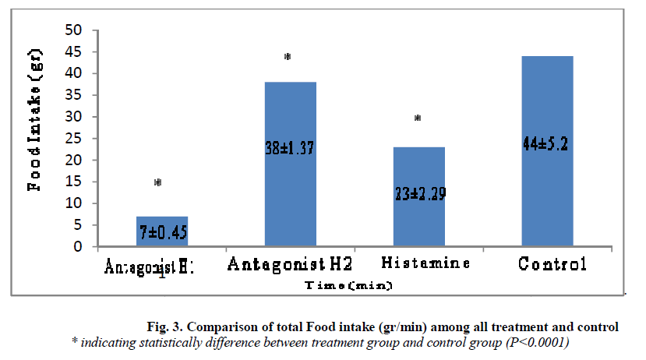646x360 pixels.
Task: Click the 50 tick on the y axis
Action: pyautogui.click(x=74, y=30)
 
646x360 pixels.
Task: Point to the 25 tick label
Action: pyautogui.click(x=74, y=161)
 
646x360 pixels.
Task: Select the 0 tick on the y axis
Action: pyautogui.click(x=78, y=247)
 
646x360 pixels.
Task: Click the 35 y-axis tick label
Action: pyautogui.click(x=74, y=117)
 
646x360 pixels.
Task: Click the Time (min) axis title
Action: pyautogui.click(x=348, y=286)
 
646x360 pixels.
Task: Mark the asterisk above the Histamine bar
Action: pyautogui.click(x=418, y=118)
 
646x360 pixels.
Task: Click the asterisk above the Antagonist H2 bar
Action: pyautogui.click(x=288, y=58)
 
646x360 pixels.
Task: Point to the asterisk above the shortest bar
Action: pyautogui.click(x=157, y=183)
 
